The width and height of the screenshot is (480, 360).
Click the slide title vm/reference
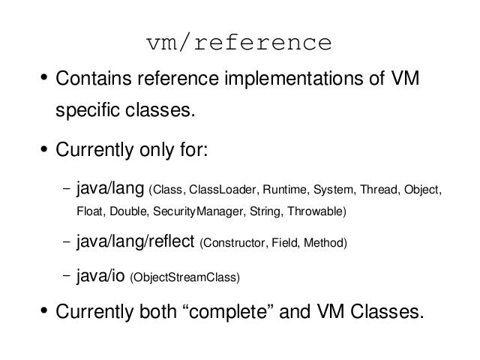[239, 42]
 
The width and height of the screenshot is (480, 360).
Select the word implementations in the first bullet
[294, 79]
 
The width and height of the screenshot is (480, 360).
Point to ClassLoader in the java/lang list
[222, 190]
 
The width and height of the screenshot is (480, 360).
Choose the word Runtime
[284, 190]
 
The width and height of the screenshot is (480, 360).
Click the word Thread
[379, 190]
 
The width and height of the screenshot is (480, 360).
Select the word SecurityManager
[198, 211]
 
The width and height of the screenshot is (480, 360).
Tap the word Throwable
[315, 211]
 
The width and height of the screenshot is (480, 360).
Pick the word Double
[128, 211]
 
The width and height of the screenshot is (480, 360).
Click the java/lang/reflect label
[135, 241]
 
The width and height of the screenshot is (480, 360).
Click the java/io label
[100, 276]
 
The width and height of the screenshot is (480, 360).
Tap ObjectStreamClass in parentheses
[185, 277]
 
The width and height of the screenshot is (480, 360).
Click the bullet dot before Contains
[43, 77]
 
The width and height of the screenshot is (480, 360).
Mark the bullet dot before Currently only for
[43, 149]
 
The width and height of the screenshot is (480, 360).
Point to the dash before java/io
[66, 275]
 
